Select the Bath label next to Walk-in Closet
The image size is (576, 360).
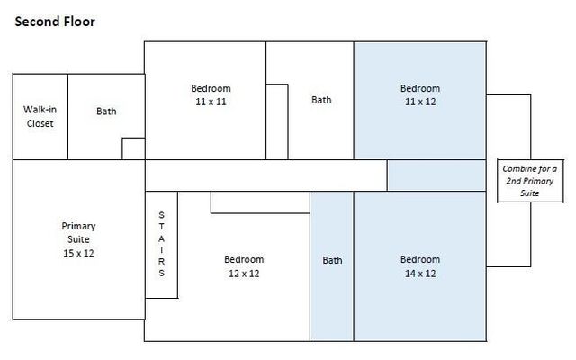click(x=106, y=112)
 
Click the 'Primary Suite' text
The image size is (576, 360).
click(x=78, y=232)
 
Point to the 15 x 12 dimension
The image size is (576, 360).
click(x=78, y=253)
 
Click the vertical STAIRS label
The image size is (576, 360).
click(x=161, y=244)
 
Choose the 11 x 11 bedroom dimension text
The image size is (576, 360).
click(x=211, y=103)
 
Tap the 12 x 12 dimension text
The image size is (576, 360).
click(x=242, y=274)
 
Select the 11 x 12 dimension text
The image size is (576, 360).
click(x=419, y=103)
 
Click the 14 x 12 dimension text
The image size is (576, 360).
click(x=419, y=274)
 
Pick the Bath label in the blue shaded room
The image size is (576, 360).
click(x=332, y=261)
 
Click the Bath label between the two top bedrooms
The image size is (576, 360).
click(x=321, y=100)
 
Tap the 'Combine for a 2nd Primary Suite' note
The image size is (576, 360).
click(x=528, y=181)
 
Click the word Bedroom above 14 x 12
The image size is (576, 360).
click(x=419, y=260)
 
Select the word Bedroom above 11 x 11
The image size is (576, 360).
click(x=211, y=88)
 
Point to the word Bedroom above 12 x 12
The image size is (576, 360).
click(x=244, y=260)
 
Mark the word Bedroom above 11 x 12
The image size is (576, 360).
click(x=419, y=88)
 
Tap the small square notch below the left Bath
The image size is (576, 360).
click(x=133, y=148)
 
